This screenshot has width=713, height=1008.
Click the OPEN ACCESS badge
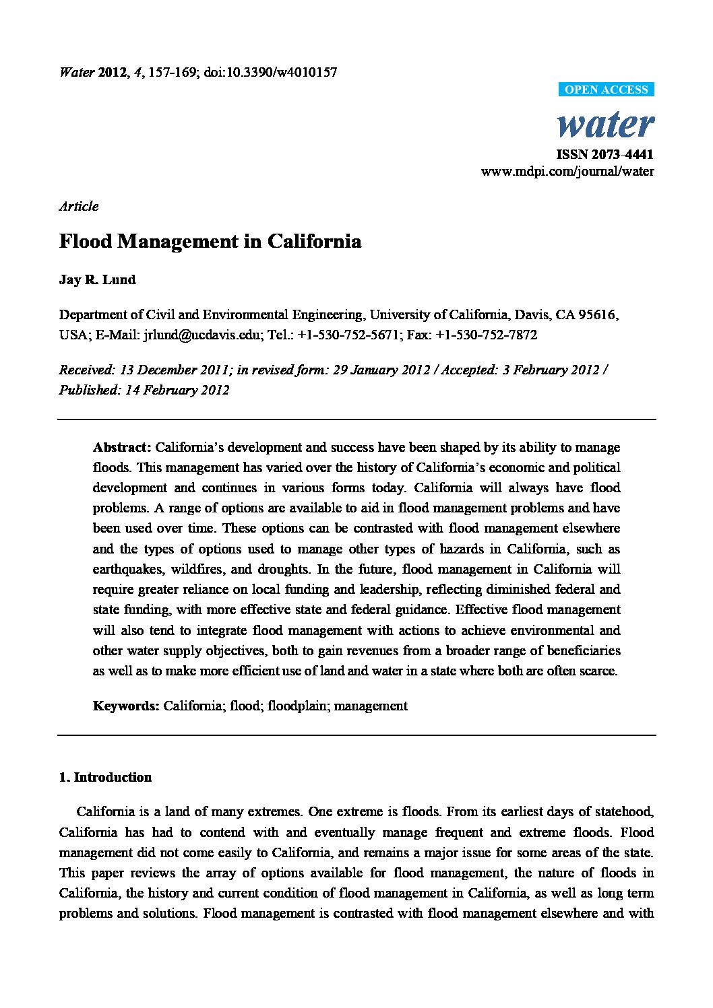(x=606, y=90)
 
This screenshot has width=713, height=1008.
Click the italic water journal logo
(x=605, y=124)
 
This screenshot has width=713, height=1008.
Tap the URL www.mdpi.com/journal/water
(x=567, y=171)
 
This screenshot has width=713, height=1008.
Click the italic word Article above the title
(x=79, y=206)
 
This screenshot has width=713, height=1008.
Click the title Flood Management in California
(x=210, y=241)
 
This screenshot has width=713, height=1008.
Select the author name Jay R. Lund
(x=97, y=280)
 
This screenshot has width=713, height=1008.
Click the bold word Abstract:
(x=122, y=447)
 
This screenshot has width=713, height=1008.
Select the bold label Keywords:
(x=126, y=706)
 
